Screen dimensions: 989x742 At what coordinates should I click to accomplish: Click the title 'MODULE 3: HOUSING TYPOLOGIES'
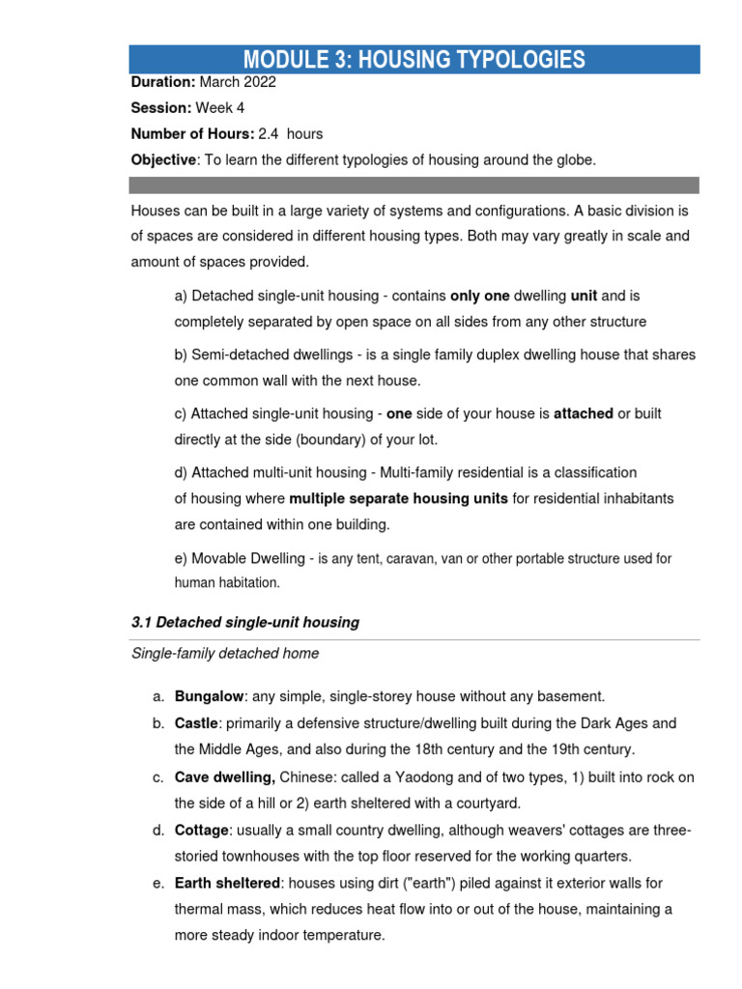tap(414, 59)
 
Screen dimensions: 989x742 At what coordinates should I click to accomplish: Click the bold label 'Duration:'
tap(163, 83)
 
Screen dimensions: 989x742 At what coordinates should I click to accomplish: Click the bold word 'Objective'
tap(162, 160)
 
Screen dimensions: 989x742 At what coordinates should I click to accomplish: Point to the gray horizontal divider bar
tap(414, 184)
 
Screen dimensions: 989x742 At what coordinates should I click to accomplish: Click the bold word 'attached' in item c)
tap(583, 413)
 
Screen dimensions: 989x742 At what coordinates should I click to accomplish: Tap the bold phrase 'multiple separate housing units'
tap(398, 499)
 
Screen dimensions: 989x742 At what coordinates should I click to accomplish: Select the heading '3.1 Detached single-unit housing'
tap(244, 623)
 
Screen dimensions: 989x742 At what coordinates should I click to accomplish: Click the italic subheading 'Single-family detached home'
tap(224, 654)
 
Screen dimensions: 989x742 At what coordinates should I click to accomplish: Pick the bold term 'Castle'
tap(196, 723)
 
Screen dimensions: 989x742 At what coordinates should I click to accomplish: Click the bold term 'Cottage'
tap(201, 831)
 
